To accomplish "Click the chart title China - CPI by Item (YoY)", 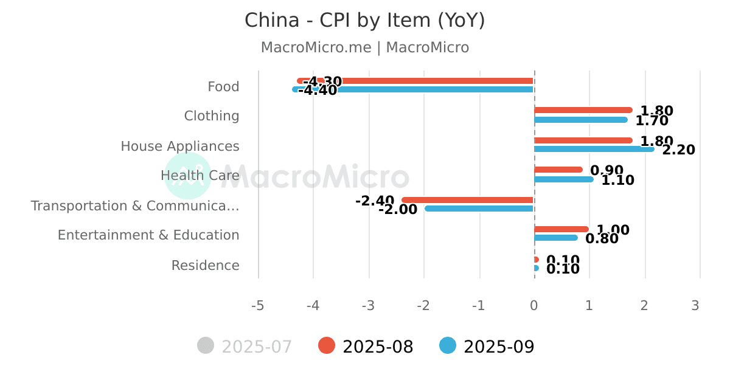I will tap(364, 21).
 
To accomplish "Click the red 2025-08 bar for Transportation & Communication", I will tap(468, 200).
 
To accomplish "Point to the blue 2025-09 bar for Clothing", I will tap(581, 120).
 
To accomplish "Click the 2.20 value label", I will tap(678, 150).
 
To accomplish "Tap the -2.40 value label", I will tap(375, 201).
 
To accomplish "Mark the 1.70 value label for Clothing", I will tap(652, 120).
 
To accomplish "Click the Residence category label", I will tap(205, 266).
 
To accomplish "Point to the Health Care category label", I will tap(200, 176).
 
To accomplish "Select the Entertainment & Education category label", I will tap(148, 235).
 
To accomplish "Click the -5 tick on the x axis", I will tap(258, 306).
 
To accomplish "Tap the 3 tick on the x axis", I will tap(695, 306).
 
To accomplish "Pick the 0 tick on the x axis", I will tap(534, 306).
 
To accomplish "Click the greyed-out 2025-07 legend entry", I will tap(245, 347).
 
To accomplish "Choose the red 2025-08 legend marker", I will tap(327, 346).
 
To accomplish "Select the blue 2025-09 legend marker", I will tap(448, 346).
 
